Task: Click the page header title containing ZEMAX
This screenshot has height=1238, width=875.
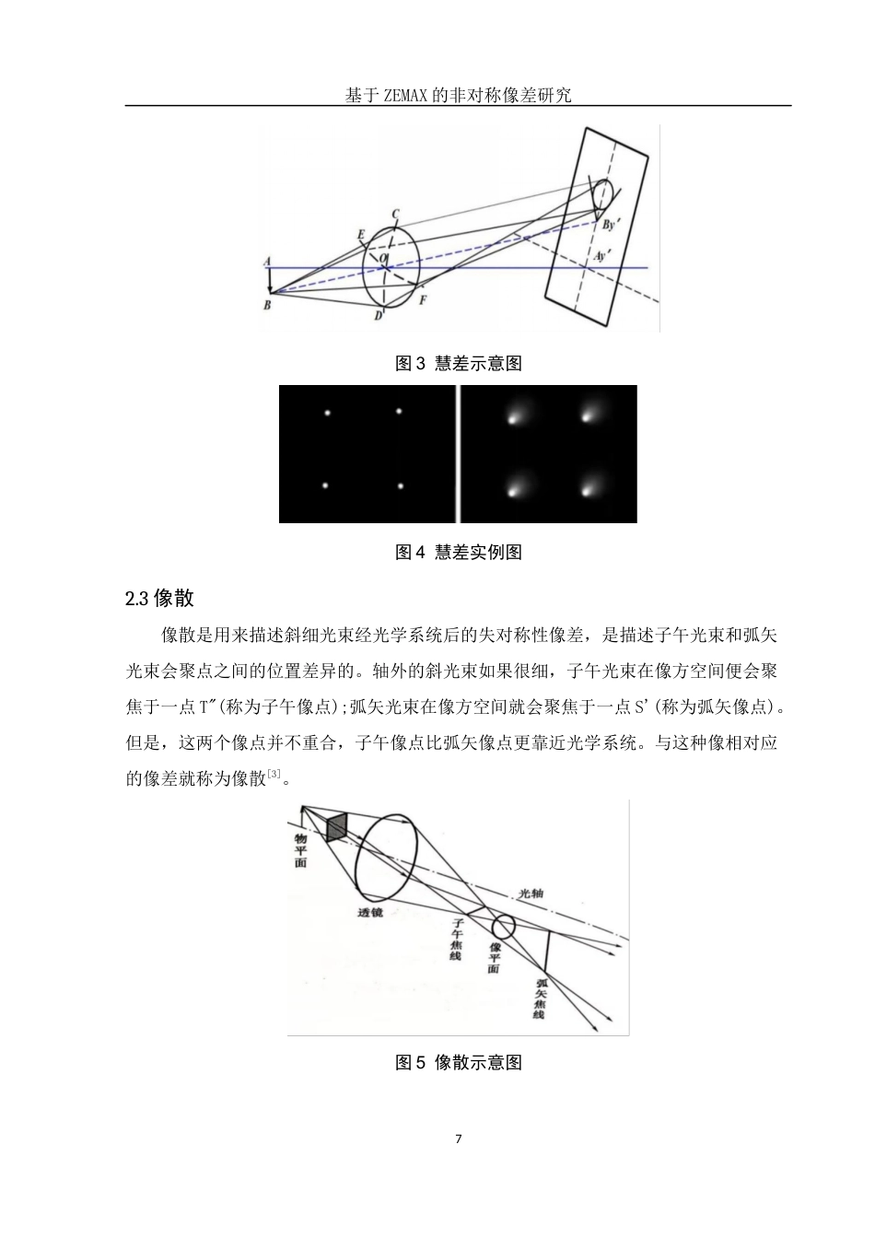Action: click(x=458, y=95)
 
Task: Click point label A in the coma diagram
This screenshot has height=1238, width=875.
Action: click(x=267, y=262)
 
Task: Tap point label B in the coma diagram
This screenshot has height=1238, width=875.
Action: click(x=266, y=305)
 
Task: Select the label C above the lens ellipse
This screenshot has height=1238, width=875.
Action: click(x=395, y=215)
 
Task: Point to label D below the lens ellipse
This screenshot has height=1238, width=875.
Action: click(x=378, y=317)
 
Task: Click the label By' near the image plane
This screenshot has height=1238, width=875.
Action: click(x=611, y=224)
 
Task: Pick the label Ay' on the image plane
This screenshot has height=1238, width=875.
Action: click(x=603, y=257)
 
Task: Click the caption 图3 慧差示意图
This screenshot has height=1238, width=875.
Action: click(x=458, y=364)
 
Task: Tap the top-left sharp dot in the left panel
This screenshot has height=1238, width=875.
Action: click(x=327, y=412)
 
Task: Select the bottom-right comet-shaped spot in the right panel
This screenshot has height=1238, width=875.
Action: click(x=587, y=489)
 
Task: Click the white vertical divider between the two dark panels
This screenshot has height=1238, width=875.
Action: click(x=457, y=454)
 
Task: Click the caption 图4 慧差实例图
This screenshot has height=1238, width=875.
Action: click(x=458, y=553)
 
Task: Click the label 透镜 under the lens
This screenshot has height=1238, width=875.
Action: click(x=372, y=912)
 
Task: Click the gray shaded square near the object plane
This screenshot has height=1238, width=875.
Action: click(x=337, y=826)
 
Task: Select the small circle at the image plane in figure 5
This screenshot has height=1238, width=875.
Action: click(x=503, y=927)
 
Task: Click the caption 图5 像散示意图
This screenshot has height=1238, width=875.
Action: click(x=458, y=1063)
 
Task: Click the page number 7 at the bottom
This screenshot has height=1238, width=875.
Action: click(x=459, y=1139)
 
